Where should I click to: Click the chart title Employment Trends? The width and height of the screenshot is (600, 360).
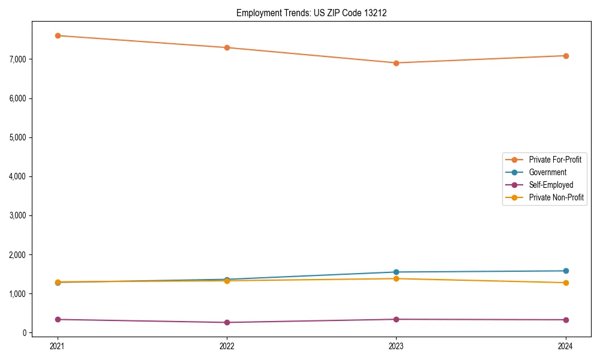[311, 13]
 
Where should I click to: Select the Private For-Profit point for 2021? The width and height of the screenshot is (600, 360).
[58, 35]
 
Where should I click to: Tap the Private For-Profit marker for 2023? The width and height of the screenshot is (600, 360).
[396, 63]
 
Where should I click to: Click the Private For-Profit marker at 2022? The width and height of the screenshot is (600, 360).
[227, 47]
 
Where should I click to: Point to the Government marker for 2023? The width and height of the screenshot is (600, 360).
[396, 272]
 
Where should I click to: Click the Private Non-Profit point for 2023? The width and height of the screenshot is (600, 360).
[396, 278]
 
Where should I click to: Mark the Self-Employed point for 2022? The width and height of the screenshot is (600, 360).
[227, 322]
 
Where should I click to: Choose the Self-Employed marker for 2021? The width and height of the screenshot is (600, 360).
[58, 319]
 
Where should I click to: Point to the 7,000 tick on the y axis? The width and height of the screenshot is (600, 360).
[17, 59]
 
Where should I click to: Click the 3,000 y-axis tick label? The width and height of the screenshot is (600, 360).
[17, 215]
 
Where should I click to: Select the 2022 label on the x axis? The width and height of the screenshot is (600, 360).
[227, 346]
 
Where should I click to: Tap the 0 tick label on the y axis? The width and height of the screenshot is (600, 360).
[25, 333]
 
